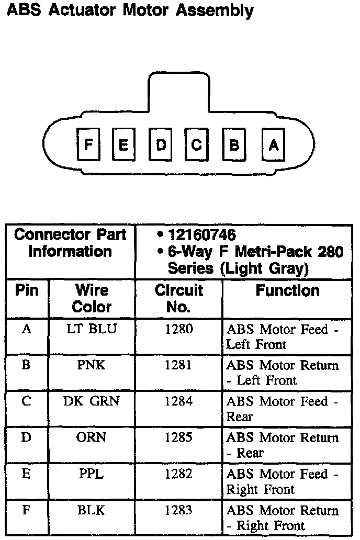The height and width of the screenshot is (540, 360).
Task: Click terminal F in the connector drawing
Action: [88, 144]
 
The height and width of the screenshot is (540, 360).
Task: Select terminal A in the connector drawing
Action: [273, 144]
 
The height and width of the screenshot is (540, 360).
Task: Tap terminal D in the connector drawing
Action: [161, 144]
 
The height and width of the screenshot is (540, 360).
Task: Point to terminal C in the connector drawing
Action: [197, 144]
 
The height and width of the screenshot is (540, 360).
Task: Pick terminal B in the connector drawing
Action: [234, 144]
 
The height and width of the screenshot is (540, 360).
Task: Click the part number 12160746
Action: [201, 235]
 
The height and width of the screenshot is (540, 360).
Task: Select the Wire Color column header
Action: [92, 298]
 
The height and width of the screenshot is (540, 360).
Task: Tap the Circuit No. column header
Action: [178, 298]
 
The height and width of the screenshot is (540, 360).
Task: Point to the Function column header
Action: [287, 291]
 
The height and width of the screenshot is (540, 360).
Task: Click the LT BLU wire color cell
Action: [92, 329]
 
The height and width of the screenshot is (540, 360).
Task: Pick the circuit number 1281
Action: [178, 365]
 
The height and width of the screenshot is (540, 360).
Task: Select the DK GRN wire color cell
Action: [92, 401]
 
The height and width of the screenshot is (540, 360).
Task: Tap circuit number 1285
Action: [178, 437]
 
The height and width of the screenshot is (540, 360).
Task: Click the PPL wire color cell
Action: [92, 474]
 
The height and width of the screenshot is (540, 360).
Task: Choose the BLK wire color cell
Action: [92, 510]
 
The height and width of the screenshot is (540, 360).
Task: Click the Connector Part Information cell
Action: [70, 243]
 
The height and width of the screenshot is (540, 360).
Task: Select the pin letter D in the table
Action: [26, 437]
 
